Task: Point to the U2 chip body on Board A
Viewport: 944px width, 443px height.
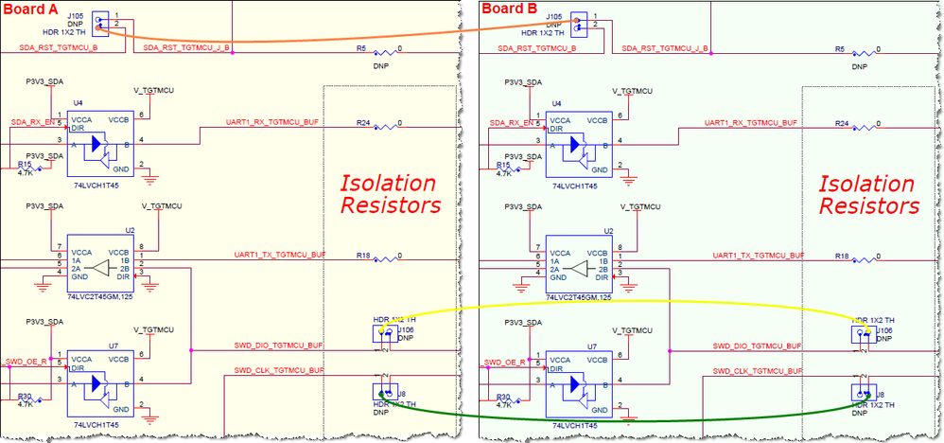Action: point(98,262)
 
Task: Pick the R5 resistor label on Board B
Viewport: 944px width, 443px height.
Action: point(840,47)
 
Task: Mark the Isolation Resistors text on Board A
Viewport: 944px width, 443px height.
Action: point(390,193)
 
